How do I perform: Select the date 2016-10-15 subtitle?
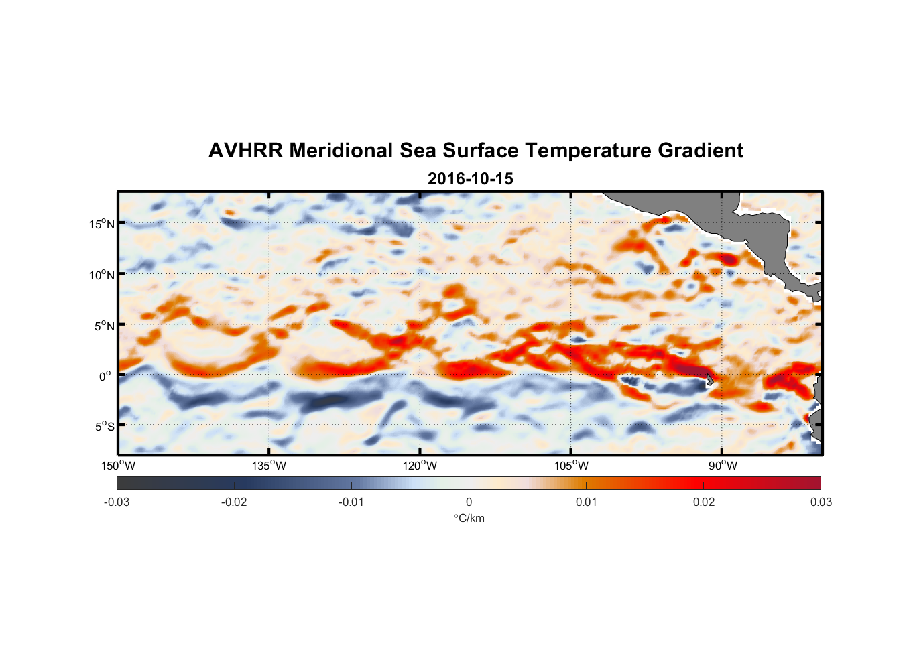pyautogui.click(x=471, y=179)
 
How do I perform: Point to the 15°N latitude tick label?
pyautogui.click(x=101, y=224)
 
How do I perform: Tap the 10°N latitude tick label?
pyautogui.click(x=101, y=275)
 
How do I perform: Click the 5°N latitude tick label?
pyautogui.click(x=104, y=326)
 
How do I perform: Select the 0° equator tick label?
pyautogui.click(x=105, y=376)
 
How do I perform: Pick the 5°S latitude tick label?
pyautogui.click(x=104, y=427)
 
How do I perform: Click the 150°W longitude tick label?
pyautogui.click(x=118, y=466)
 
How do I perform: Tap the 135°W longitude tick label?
pyautogui.click(x=269, y=466)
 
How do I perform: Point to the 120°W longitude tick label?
pyautogui.click(x=420, y=466)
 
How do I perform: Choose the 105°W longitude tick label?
pyautogui.click(x=571, y=466)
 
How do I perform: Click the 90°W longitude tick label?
pyautogui.click(x=723, y=466)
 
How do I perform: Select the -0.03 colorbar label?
pyautogui.click(x=117, y=502)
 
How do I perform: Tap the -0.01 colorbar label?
pyautogui.click(x=351, y=502)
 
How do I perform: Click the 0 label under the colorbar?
pyautogui.click(x=469, y=502)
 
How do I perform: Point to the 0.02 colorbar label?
pyautogui.click(x=704, y=502)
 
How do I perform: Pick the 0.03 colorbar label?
pyautogui.click(x=821, y=502)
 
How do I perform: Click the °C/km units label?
pyautogui.click(x=469, y=518)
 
